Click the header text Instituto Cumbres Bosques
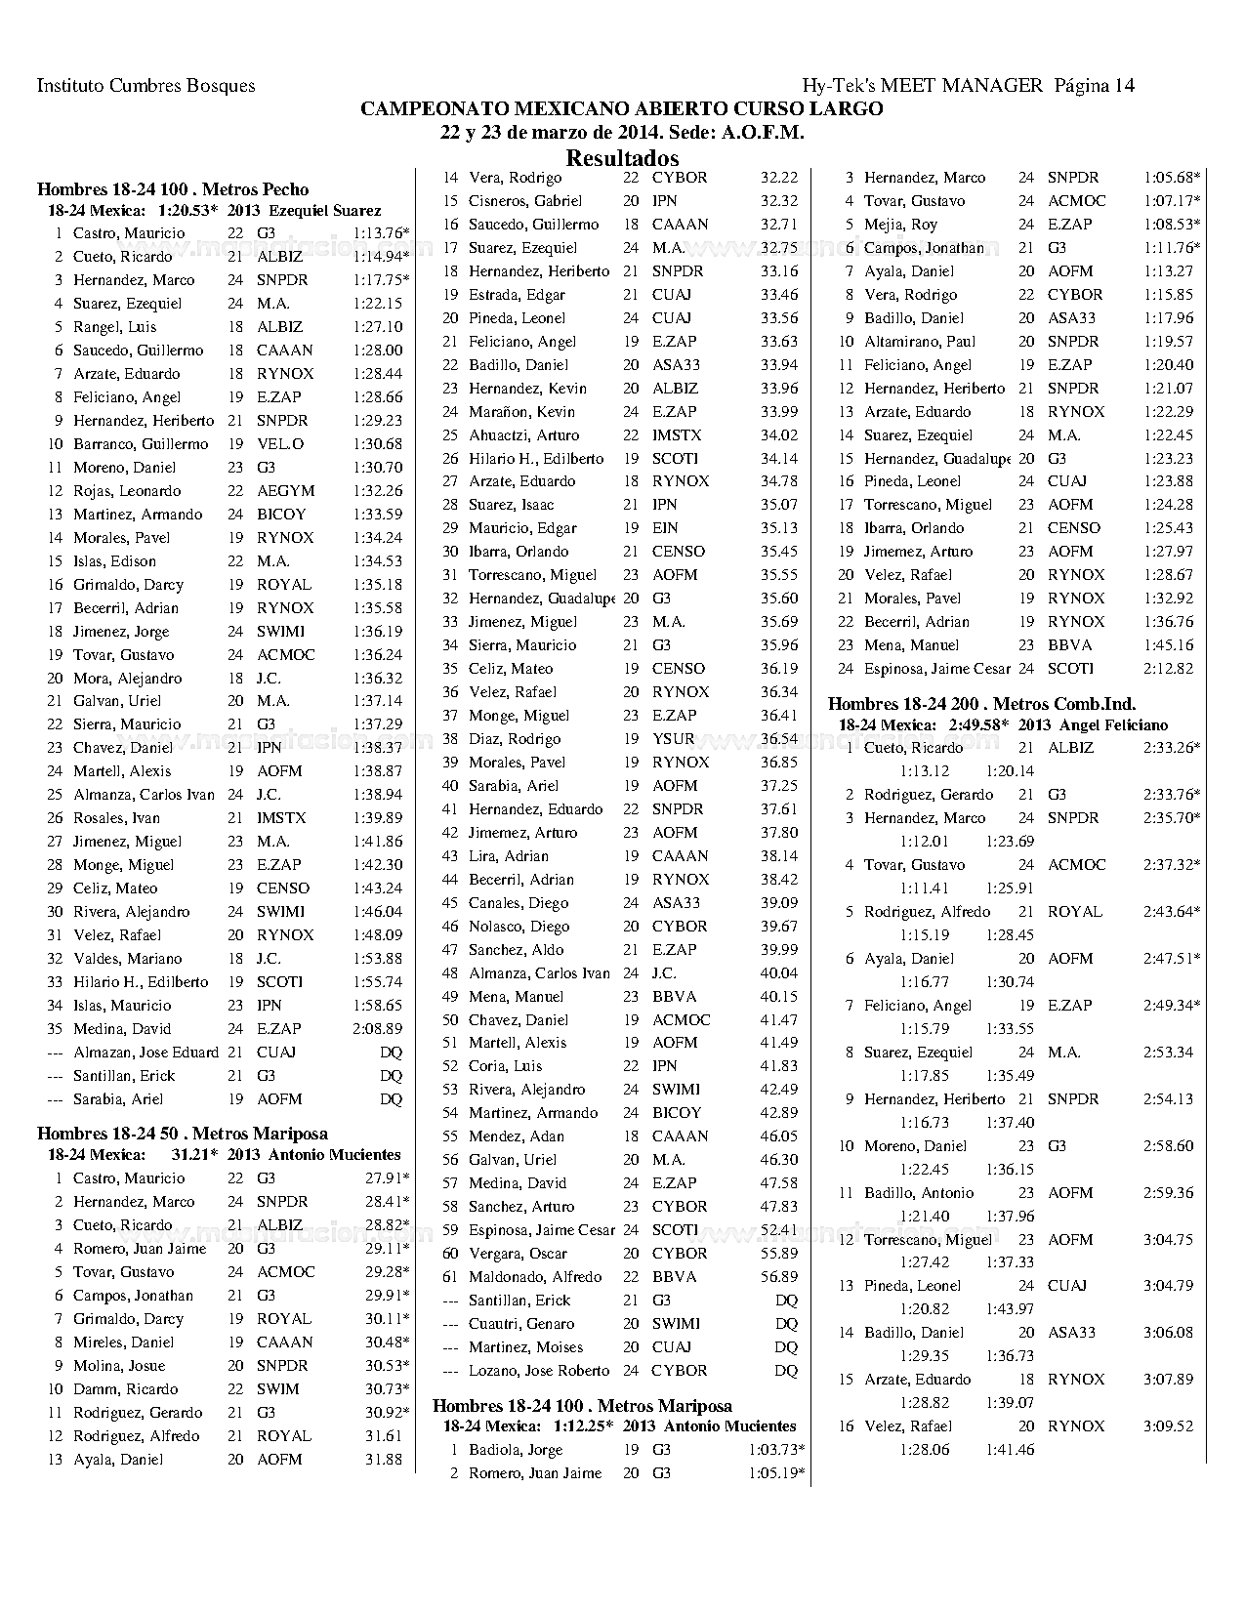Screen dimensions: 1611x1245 coord(145,86)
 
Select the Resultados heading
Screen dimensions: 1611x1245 coord(622,158)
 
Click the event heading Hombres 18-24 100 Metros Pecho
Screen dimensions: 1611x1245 coord(173,189)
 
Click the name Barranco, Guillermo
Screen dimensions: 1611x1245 coord(141,444)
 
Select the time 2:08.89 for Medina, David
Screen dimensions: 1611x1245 coord(377,1029)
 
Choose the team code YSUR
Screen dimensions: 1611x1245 coord(673,739)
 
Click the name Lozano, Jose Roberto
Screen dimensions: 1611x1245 coord(539,1371)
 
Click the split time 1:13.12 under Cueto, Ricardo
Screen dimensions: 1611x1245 coord(924,771)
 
